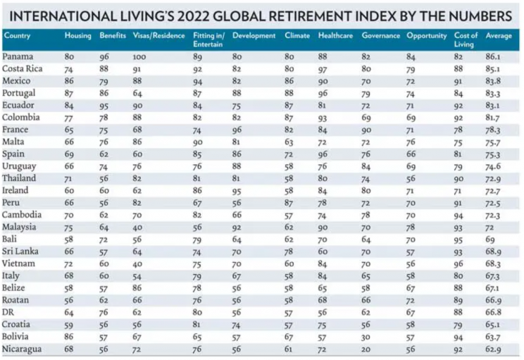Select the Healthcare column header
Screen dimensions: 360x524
pos(334,35)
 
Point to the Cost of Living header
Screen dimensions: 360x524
pos(466,39)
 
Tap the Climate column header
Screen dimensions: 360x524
pos(297,35)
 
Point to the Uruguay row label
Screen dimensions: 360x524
pos(18,166)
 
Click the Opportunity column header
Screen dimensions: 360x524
pos(426,35)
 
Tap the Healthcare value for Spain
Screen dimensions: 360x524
pos(323,154)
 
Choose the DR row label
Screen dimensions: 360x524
pos(9,312)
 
